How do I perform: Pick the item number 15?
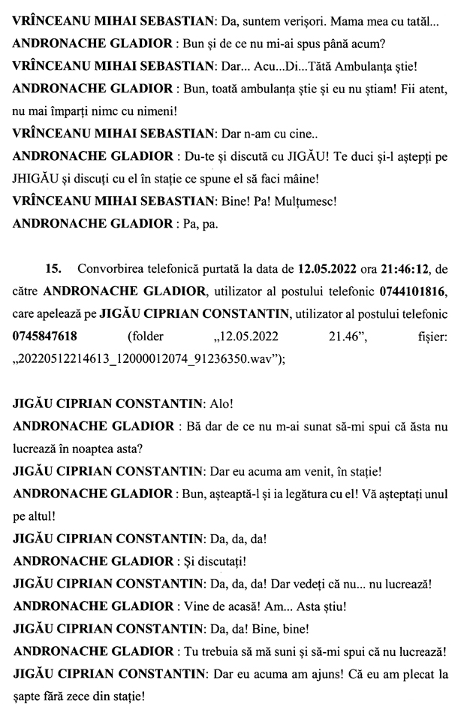52,268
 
